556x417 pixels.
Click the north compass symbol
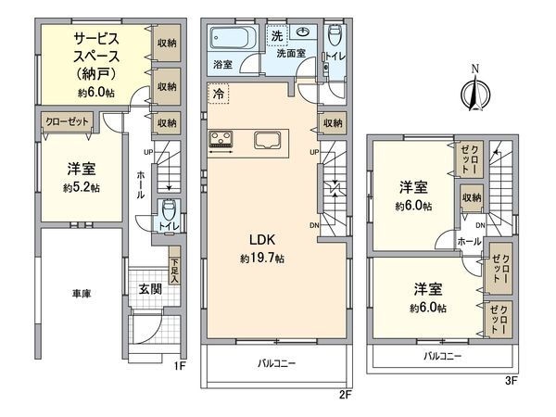[475, 90]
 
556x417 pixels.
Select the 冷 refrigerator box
[217, 95]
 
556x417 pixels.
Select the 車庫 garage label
[82, 294]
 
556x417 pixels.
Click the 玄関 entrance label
[149, 289]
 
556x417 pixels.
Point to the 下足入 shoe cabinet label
[175, 268]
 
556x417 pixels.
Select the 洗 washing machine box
[277, 35]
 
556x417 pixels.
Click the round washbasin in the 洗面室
[303, 32]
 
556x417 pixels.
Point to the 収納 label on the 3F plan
[471, 197]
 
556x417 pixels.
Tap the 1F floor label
[182, 365]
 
